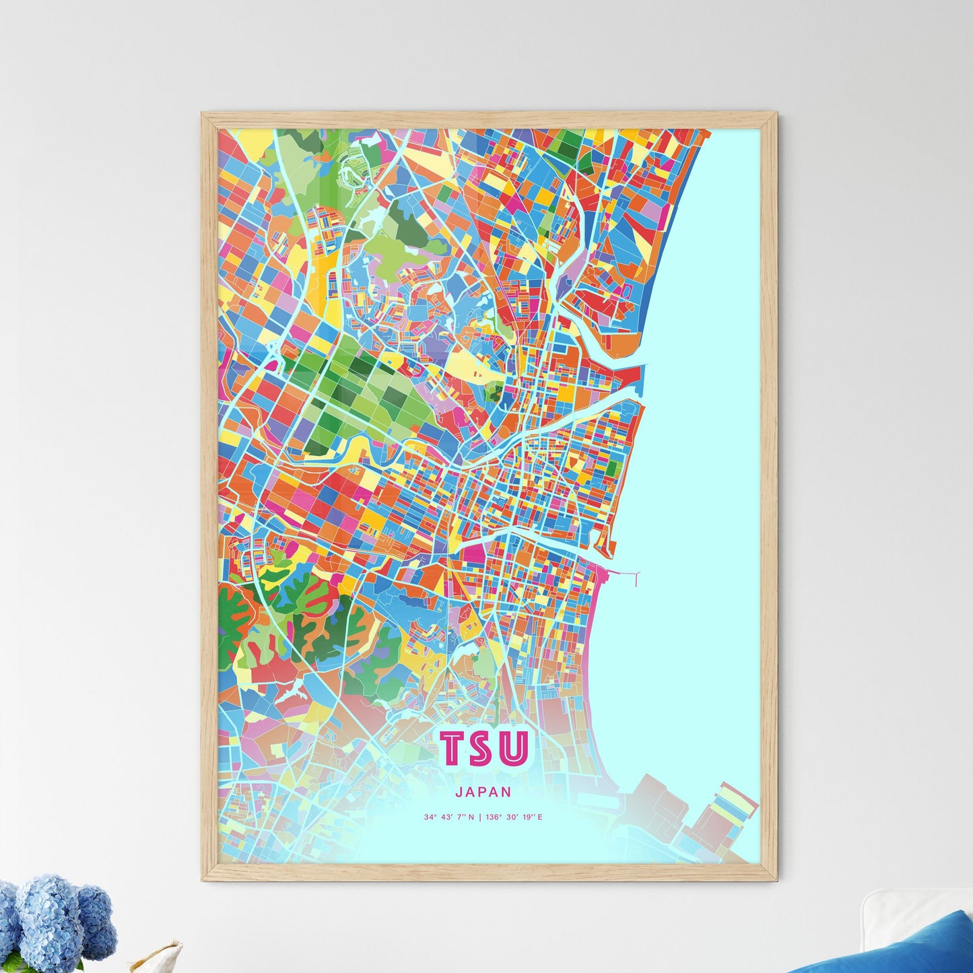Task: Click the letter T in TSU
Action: (455, 748)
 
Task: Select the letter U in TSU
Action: (514, 748)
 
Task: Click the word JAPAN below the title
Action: (483, 793)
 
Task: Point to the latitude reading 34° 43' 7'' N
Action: (449, 817)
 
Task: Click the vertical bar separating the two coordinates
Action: (480, 817)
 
